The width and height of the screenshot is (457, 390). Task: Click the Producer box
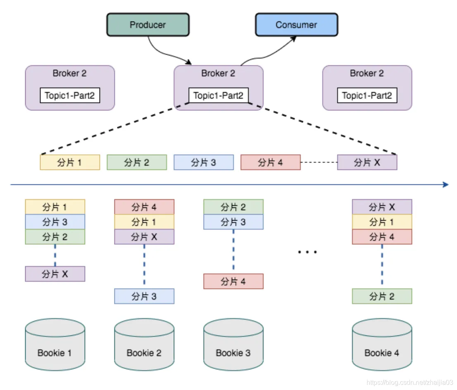coord(148,25)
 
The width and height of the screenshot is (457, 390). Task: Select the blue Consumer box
coord(296,25)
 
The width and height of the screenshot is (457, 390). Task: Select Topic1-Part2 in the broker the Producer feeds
coord(219,96)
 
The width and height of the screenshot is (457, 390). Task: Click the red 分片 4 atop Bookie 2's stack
coord(144,207)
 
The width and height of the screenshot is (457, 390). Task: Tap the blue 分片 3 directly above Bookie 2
coord(144,296)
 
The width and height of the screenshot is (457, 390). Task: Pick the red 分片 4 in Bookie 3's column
coord(233,281)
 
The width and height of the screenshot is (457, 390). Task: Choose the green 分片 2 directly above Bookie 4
coord(382,296)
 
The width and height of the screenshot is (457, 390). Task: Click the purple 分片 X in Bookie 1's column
coord(55,274)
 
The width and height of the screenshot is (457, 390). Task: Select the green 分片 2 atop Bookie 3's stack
coord(233,207)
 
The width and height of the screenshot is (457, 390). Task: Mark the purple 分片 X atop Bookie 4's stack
coord(382,207)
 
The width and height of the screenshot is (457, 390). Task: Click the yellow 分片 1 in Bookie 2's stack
coord(144,222)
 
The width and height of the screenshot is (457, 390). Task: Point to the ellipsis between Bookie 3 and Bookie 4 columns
coord(307,252)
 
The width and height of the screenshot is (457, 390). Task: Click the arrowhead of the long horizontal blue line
coord(445,185)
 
